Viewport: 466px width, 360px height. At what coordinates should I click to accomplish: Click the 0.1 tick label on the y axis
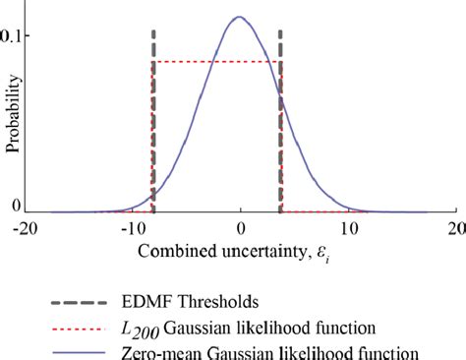15,36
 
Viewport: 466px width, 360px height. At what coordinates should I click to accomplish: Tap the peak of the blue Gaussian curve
239,17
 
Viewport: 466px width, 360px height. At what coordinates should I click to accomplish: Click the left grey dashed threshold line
153,118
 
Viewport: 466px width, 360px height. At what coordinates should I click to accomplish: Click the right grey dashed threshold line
281,118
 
